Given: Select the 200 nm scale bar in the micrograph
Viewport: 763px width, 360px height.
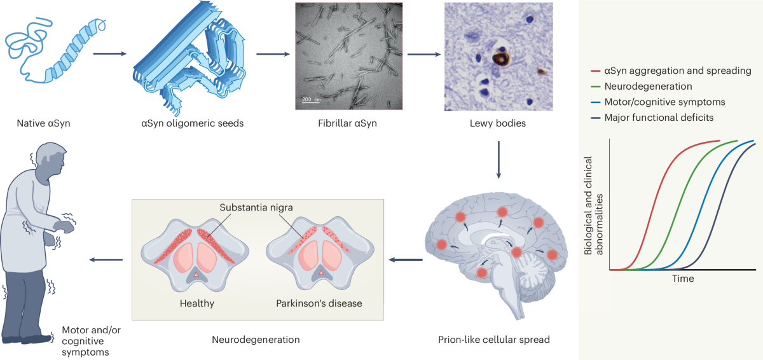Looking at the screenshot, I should (311, 100).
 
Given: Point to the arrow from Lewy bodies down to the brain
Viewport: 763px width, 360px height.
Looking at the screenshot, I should (499, 160).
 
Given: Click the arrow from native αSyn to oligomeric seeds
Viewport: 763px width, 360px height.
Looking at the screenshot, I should (107, 53).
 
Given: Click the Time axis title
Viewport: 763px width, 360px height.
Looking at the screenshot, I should (683, 279).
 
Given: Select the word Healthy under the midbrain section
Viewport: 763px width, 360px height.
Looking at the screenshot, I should (196, 303).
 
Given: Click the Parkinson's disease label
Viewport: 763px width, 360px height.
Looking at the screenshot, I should (319, 303).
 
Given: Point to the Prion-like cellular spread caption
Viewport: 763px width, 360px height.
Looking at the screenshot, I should (494, 340).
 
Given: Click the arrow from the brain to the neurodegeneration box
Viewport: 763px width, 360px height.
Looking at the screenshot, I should (405, 260).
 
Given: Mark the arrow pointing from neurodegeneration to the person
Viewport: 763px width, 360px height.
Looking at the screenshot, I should (106, 260).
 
